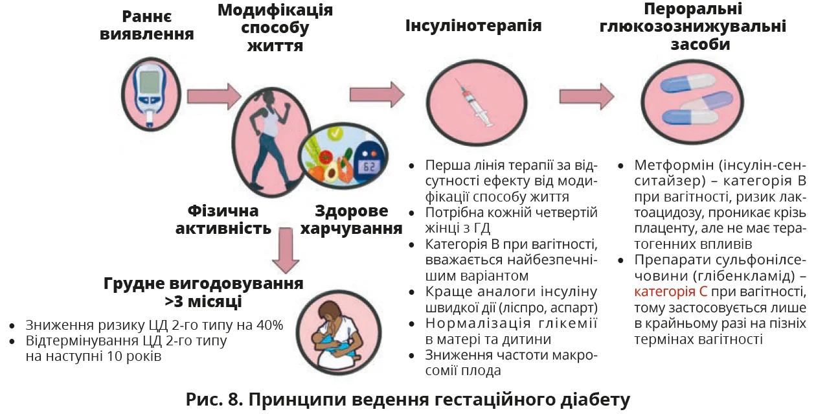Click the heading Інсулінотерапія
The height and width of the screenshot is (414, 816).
473,26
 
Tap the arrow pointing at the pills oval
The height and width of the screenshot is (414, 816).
587,96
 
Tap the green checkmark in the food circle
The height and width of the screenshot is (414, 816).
335,134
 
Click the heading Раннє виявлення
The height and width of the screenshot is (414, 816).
147,24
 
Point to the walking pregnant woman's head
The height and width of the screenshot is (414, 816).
267,97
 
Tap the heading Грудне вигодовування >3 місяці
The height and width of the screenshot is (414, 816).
203,292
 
